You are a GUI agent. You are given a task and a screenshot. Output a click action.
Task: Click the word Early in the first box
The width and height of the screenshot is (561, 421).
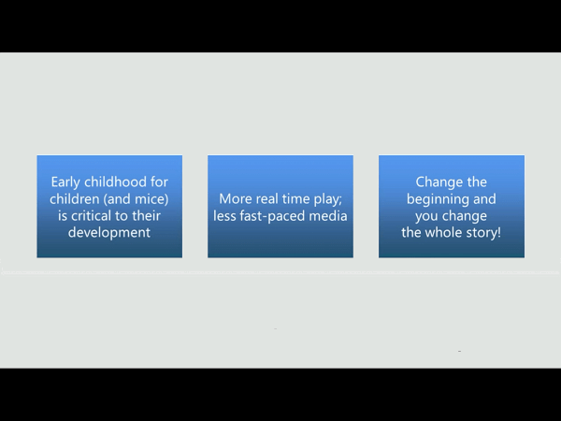[65, 182]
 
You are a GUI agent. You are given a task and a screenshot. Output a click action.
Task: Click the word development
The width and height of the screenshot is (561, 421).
[109, 233]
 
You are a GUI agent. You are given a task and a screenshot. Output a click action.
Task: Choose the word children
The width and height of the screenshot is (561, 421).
[75, 199]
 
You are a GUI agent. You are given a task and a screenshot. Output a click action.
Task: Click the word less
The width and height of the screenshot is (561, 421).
[224, 216]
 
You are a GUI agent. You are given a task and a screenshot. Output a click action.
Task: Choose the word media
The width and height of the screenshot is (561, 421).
[328, 216]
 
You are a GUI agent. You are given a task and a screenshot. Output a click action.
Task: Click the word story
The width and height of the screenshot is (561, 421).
[481, 233]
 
